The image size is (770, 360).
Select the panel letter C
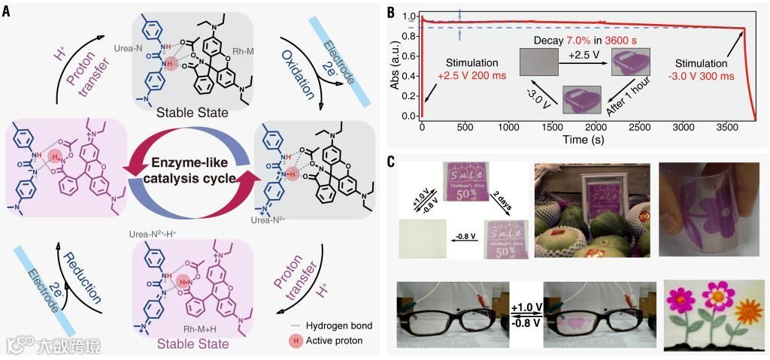coord(390,160)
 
